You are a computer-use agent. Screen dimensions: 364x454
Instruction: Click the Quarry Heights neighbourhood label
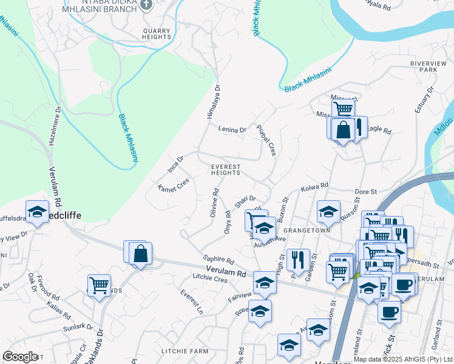(157, 33)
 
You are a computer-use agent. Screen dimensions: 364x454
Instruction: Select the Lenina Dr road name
(232, 129)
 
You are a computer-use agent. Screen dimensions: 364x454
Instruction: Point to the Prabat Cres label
(266, 140)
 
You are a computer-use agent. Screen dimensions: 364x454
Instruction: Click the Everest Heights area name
(226, 169)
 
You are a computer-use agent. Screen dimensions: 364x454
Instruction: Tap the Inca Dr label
(176, 163)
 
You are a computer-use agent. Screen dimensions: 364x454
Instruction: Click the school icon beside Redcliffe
(38, 212)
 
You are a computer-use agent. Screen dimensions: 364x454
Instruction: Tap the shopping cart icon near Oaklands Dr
(99, 284)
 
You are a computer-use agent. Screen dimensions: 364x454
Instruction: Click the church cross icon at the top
(146, 5)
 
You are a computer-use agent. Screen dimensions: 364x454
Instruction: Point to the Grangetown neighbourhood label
(310, 231)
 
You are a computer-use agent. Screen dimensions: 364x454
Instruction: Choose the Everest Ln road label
(192, 302)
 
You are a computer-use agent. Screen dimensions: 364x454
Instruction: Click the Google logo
(20, 357)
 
